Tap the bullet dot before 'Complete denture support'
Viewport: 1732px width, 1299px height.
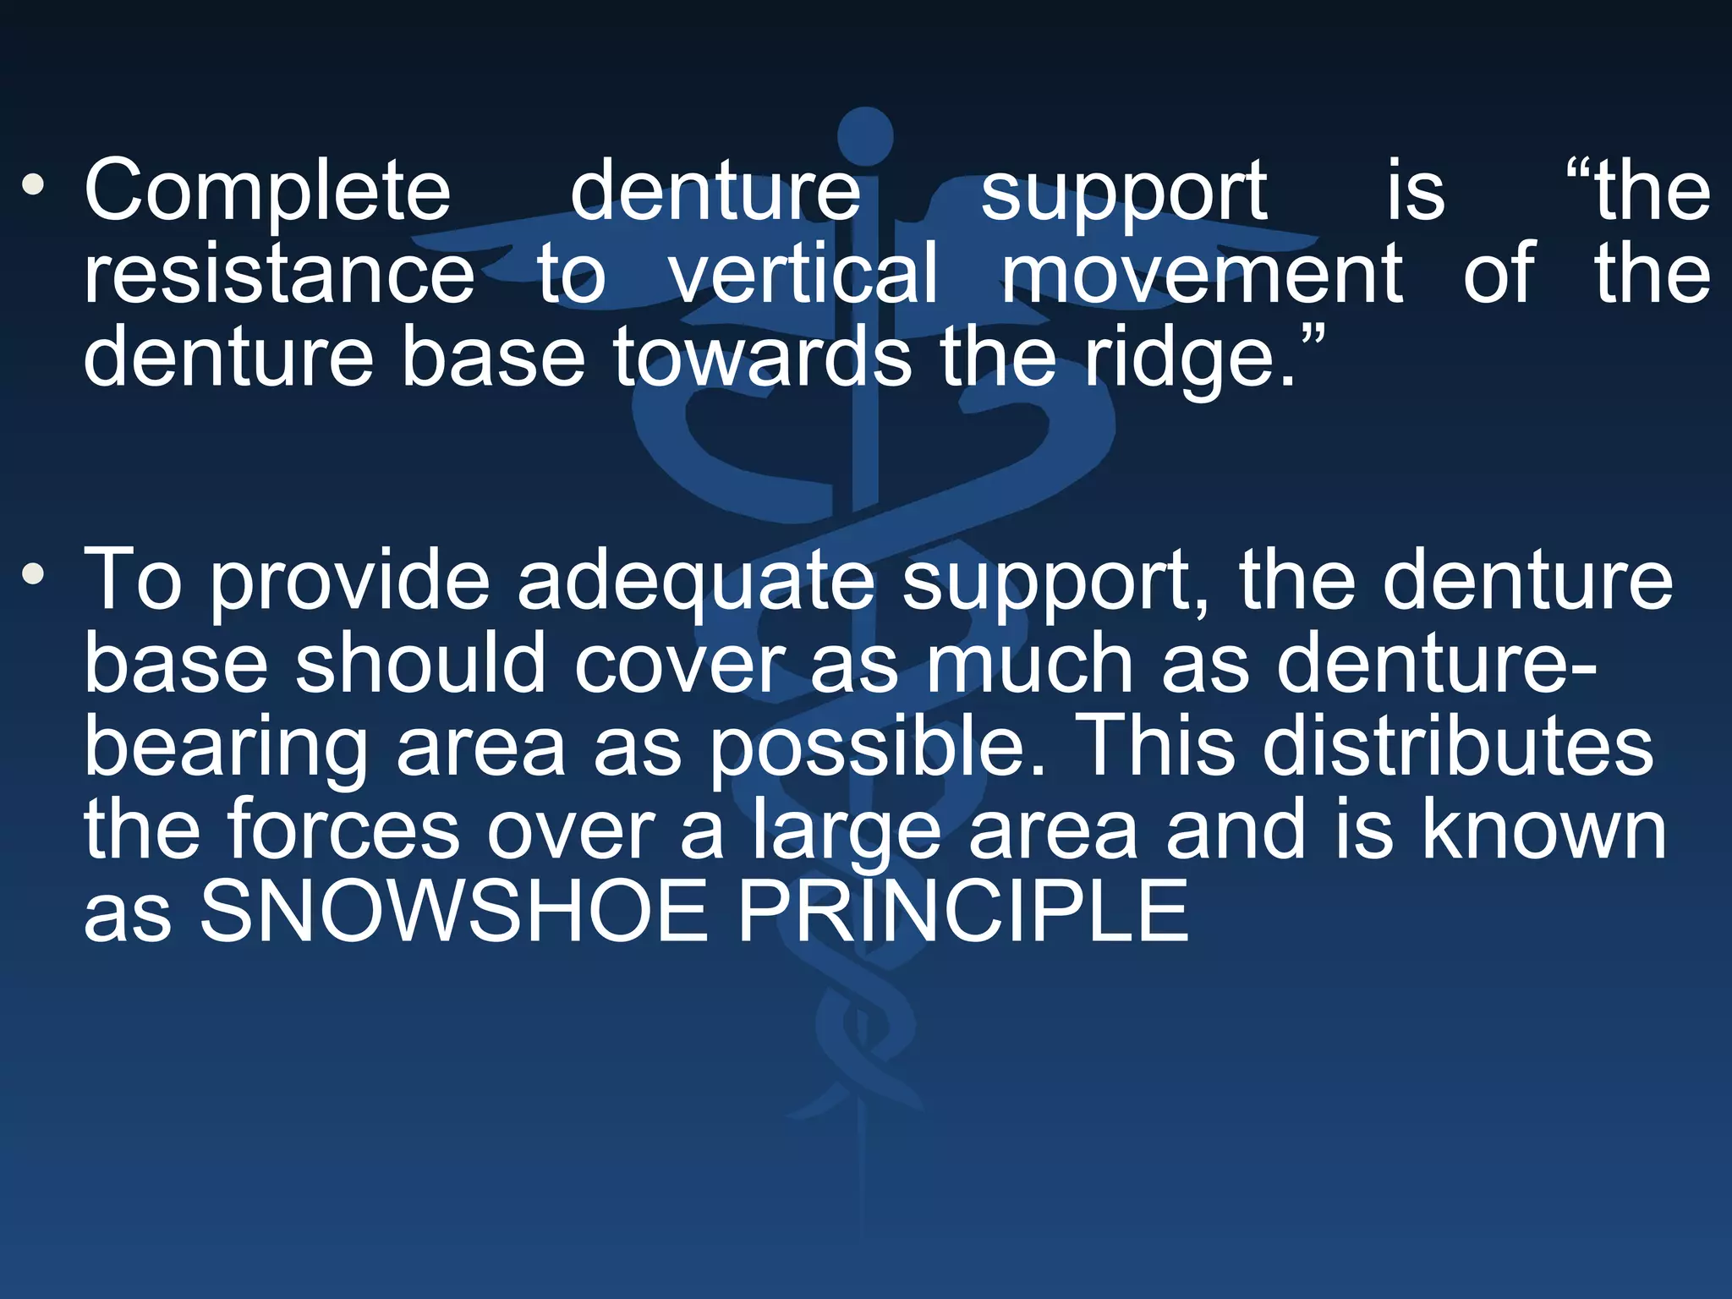[x=33, y=184]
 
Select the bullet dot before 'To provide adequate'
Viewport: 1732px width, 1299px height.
[x=33, y=575]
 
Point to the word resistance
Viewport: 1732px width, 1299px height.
[x=279, y=273]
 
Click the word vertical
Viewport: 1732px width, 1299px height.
[x=804, y=273]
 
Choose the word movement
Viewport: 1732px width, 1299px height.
[x=1202, y=273]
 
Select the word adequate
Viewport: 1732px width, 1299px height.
[x=696, y=580]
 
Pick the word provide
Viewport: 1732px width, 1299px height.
[x=349, y=580]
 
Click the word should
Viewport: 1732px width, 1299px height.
[x=420, y=663]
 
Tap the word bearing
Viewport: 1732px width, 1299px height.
[x=226, y=748]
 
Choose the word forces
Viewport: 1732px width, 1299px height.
[x=343, y=830]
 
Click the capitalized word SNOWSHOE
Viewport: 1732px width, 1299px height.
[x=452, y=912]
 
